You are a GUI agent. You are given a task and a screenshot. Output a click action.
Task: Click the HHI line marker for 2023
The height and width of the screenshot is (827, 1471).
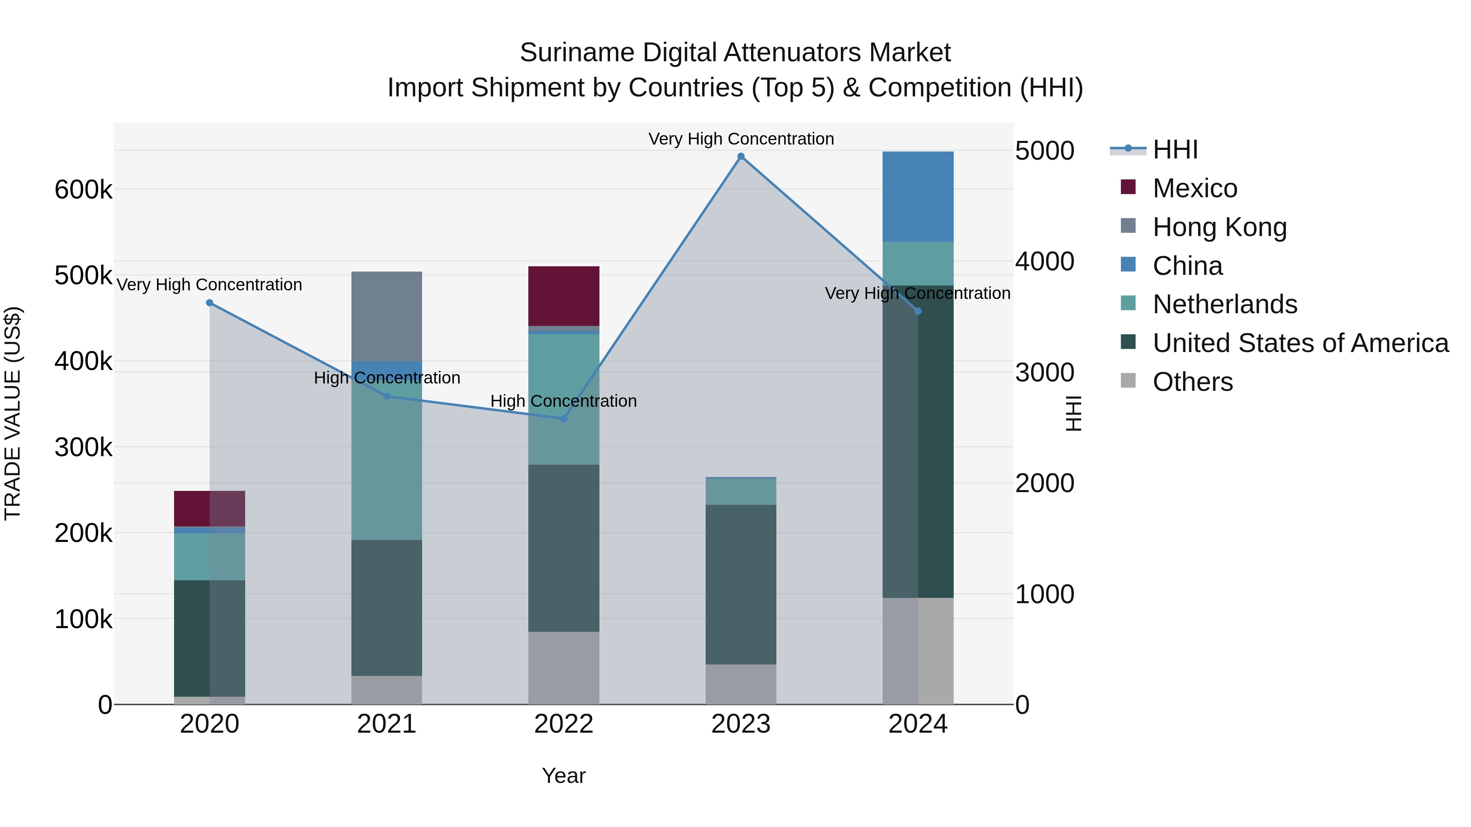coord(741,156)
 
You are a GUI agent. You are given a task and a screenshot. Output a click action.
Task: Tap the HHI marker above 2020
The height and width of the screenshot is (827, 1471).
coord(210,303)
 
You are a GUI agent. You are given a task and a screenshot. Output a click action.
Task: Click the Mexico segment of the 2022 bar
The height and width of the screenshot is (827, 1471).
coord(563,296)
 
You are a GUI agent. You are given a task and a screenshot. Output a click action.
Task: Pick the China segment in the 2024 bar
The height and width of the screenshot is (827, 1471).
coord(918,196)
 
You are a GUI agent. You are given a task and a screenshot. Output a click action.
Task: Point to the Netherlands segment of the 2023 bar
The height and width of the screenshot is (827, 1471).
coord(741,491)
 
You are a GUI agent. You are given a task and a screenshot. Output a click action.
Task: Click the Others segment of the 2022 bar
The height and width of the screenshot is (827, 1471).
coord(563,667)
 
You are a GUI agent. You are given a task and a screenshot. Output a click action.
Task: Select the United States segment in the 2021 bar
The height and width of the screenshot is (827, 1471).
coord(387,607)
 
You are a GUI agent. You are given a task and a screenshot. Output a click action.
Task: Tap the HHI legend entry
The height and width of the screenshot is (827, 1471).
coord(1175,149)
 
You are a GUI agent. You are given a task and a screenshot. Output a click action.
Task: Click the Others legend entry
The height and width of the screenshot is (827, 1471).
coord(1192,382)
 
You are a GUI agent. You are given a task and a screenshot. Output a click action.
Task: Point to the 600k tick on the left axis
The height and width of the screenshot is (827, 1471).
coord(83,189)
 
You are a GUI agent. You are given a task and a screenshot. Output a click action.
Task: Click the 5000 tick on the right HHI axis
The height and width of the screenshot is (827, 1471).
coord(1044,151)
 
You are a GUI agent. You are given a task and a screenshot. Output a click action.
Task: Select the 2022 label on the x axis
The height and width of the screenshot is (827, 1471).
coord(563,724)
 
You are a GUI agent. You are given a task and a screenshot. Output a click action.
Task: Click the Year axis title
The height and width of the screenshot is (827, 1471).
coord(563,776)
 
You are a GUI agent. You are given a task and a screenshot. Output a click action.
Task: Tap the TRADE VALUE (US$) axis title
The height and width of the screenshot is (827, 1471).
coord(13,413)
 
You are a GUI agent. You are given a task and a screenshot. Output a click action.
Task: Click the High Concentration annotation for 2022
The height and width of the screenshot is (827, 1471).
coord(563,401)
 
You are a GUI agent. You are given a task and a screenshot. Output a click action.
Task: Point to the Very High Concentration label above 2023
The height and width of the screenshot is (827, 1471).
coord(741,139)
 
